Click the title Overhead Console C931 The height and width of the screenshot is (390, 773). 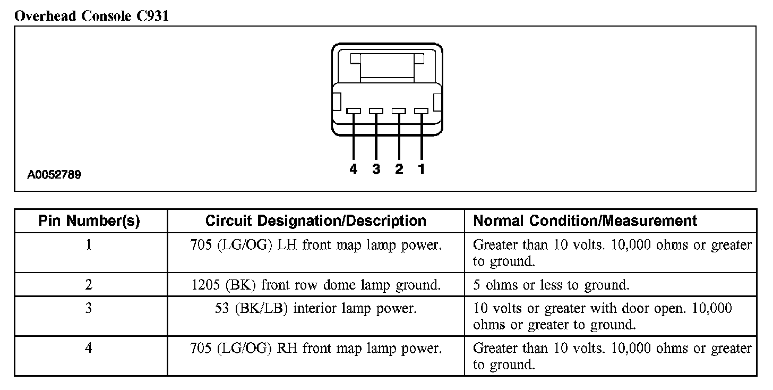click(x=92, y=16)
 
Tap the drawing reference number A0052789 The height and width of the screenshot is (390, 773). click(x=55, y=174)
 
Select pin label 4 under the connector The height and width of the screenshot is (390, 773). click(x=354, y=169)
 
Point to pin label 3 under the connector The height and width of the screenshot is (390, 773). click(x=376, y=169)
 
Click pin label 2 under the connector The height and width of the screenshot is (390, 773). click(x=399, y=169)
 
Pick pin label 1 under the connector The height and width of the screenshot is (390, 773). click(x=421, y=169)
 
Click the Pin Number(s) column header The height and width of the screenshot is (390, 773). click(x=89, y=221)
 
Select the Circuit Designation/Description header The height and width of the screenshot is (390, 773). click(x=315, y=221)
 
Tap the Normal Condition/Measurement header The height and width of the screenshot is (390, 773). click(x=585, y=221)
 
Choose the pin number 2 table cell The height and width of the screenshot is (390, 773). click(x=89, y=285)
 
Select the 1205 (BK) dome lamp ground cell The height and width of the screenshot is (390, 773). click(x=315, y=285)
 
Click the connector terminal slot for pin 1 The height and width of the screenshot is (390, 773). click(x=421, y=111)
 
